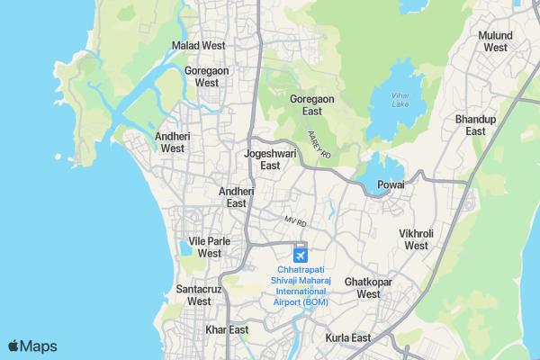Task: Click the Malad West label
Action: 199,45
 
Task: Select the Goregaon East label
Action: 312,105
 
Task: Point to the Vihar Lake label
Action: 401,98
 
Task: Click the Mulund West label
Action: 496,40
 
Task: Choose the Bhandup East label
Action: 476,125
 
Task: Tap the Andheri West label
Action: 173,142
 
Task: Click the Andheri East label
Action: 237,197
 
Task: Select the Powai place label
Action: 391,184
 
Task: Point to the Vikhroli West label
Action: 417,239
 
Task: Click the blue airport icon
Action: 301,252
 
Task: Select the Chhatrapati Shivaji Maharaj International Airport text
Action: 301,285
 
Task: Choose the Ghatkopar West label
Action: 369,288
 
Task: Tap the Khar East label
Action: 227,330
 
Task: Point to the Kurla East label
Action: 348,338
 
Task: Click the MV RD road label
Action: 296,220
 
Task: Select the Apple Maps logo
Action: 33,346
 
